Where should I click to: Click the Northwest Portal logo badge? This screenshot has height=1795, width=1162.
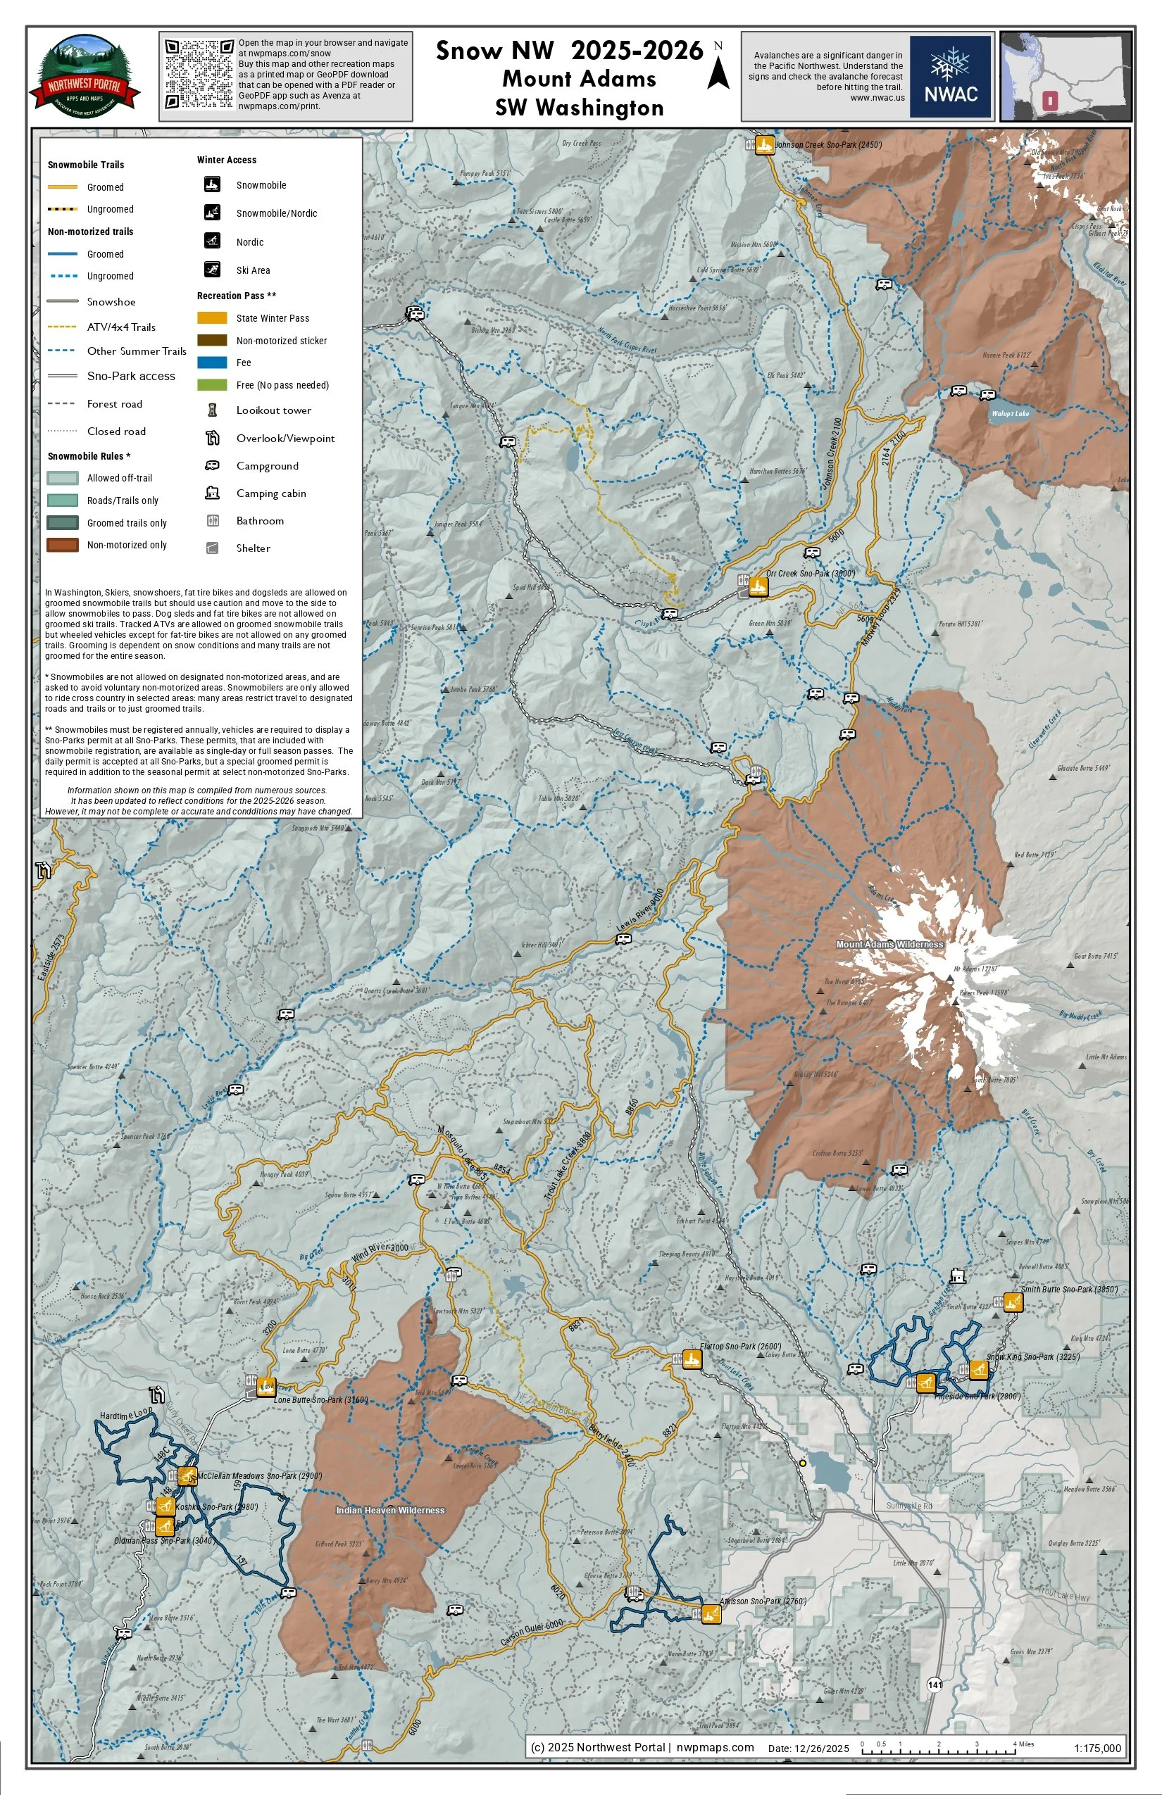(x=85, y=75)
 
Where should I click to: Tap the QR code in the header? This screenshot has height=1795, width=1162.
(x=199, y=75)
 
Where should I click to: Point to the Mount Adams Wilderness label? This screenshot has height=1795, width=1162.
(x=889, y=944)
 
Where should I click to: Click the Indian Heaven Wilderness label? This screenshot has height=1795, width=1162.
(x=390, y=1511)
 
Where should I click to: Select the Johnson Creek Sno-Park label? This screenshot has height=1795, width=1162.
(x=828, y=145)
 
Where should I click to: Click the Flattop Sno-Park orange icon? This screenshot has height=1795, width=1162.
(x=692, y=1360)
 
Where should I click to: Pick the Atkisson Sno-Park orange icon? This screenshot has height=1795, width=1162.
(x=711, y=1614)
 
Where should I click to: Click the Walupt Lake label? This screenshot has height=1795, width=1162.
(x=1011, y=413)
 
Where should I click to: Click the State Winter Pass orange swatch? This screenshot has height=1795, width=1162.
(x=212, y=318)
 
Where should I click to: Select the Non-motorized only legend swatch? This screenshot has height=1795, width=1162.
(x=63, y=545)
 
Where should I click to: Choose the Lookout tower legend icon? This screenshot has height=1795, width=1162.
(x=213, y=410)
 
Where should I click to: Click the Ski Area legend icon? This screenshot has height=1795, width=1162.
(x=212, y=269)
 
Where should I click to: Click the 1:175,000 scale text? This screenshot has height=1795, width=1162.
(x=1097, y=1749)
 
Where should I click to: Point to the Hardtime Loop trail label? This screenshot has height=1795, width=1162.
(x=126, y=1416)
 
